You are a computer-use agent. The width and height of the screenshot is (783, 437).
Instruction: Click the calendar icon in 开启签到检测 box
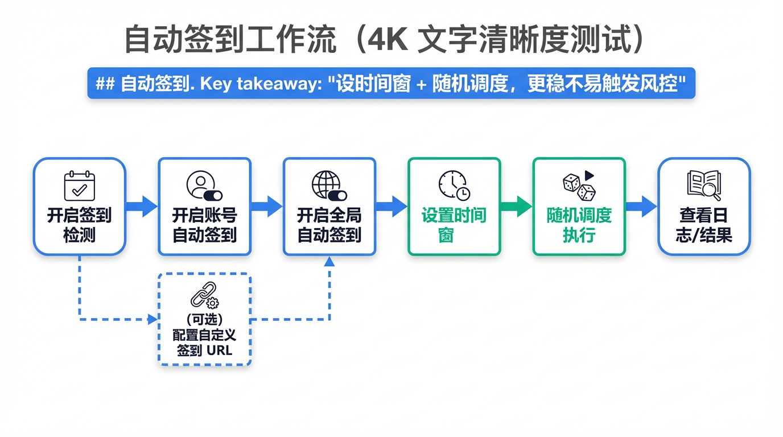tap(79, 185)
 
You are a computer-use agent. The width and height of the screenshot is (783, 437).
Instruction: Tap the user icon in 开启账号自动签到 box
tap(204, 185)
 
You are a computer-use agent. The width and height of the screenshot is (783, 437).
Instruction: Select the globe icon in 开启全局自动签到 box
tap(329, 185)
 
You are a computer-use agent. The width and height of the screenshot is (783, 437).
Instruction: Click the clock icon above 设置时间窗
tap(454, 185)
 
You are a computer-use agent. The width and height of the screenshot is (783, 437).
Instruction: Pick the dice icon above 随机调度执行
tap(579, 185)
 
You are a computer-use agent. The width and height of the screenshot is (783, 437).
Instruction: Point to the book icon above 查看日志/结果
tap(704, 185)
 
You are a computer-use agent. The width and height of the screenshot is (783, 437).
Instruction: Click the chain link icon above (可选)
tap(204, 295)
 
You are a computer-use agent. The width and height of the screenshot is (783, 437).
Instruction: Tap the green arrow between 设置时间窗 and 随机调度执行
tap(516, 206)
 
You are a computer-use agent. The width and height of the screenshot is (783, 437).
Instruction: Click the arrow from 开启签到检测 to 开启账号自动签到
tap(142, 206)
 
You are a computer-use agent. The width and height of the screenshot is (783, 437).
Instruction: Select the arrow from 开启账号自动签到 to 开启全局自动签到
tap(267, 206)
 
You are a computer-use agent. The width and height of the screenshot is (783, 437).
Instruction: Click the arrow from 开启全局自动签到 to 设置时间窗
tap(391, 206)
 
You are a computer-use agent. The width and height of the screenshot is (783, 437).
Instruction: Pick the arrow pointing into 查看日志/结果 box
tap(641, 206)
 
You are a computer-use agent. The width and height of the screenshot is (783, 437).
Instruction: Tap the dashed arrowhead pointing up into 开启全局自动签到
tap(329, 262)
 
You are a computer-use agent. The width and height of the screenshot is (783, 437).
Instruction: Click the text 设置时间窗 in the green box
tap(454, 225)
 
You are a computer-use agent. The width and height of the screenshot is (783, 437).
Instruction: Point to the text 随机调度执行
tap(579, 225)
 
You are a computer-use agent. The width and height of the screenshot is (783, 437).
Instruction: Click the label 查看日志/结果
tap(704, 225)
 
